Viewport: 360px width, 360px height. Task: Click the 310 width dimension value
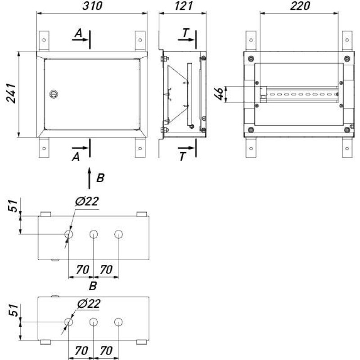[x=92, y=6]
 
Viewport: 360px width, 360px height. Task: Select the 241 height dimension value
[x=11, y=94]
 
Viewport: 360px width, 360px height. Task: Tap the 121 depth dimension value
[x=184, y=6]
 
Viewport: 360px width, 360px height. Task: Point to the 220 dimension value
[x=300, y=6]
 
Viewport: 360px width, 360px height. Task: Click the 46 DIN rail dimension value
[x=219, y=94]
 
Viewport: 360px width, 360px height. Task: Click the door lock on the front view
[x=53, y=94]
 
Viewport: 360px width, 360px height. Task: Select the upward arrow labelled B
[x=90, y=178]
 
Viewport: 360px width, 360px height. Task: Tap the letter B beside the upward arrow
[x=100, y=178]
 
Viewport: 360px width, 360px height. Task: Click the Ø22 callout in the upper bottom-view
[x=87, y=201]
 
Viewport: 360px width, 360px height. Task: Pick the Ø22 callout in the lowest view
[x=89, y=303]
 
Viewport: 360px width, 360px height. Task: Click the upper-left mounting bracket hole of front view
[x=44, y=40]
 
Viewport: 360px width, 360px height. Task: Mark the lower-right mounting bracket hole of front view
[x=140, y=148]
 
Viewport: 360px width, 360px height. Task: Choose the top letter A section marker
[x=78, y=33]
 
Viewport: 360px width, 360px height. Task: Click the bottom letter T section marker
[x=182, y=157]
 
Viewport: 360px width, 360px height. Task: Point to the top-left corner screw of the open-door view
[x=251, y=59]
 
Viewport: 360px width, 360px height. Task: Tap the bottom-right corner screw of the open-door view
[x=347, y=130]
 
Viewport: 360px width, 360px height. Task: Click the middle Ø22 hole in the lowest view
[x=94, y=322]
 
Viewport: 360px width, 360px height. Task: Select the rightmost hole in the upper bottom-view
[x=118, y=234]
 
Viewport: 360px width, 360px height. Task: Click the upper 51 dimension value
[x=13, y=206]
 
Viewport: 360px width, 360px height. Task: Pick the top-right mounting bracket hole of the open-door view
[x=347, y=40]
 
